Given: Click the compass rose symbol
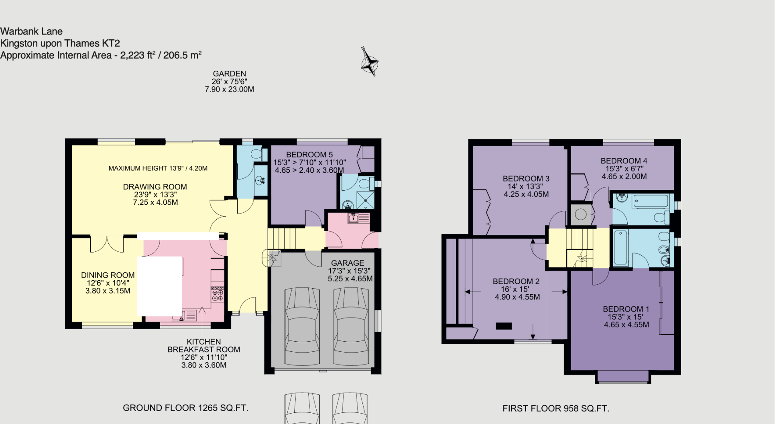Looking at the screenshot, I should point(369,62).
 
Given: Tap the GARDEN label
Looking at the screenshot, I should point(229,74).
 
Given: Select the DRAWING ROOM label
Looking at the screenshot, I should point(155,187).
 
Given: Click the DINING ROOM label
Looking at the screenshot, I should point(108,275).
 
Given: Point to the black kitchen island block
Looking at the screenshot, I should point(159,286).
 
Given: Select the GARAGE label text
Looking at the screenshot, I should point(348,263).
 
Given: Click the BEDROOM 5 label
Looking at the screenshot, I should point(309,155).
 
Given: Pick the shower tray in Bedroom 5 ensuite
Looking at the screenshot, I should point(365,200).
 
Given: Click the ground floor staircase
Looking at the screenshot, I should point(281,238).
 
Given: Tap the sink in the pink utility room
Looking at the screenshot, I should point(354,218).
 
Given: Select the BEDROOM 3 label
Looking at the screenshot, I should point(526,179).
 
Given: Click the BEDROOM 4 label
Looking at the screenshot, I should point(624,161).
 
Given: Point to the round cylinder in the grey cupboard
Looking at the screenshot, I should point(581,214).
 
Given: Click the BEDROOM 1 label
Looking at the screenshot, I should point(626,309).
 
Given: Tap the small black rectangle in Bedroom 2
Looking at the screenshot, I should point(504,326).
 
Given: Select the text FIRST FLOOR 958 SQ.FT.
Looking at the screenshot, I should point(555,409).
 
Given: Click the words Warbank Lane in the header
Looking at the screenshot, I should point(31,31).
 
